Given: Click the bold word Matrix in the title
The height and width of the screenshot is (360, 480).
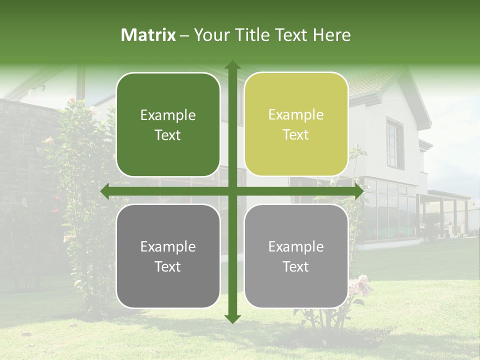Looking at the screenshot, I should [148, 35].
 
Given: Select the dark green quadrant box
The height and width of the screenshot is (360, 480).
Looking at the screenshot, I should [168, 125].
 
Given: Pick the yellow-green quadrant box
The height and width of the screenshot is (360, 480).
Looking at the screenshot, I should [296, 124].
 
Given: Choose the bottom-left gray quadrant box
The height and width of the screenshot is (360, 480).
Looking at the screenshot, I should [168, 256].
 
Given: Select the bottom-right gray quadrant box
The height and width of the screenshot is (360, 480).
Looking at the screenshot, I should [296, 256].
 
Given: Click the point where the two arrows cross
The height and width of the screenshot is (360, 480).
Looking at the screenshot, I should [232, 191].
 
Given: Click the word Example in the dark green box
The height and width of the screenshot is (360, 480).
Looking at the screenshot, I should [168, 115].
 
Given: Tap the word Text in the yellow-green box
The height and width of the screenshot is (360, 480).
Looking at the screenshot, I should [296, 135].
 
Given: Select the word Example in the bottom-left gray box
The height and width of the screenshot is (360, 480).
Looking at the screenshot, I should [168, 246].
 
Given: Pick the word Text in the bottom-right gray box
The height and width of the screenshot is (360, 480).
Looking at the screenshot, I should [296, 266].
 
